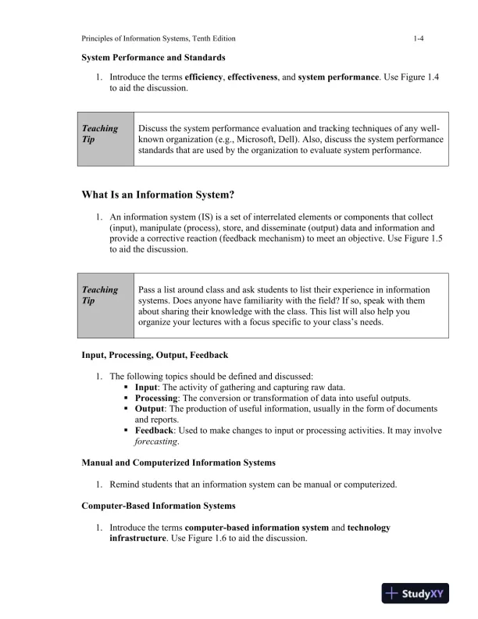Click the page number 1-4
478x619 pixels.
[x=420, y=38]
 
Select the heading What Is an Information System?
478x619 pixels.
[x=158, y=194]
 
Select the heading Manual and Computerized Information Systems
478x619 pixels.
[x=178, y=463]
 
